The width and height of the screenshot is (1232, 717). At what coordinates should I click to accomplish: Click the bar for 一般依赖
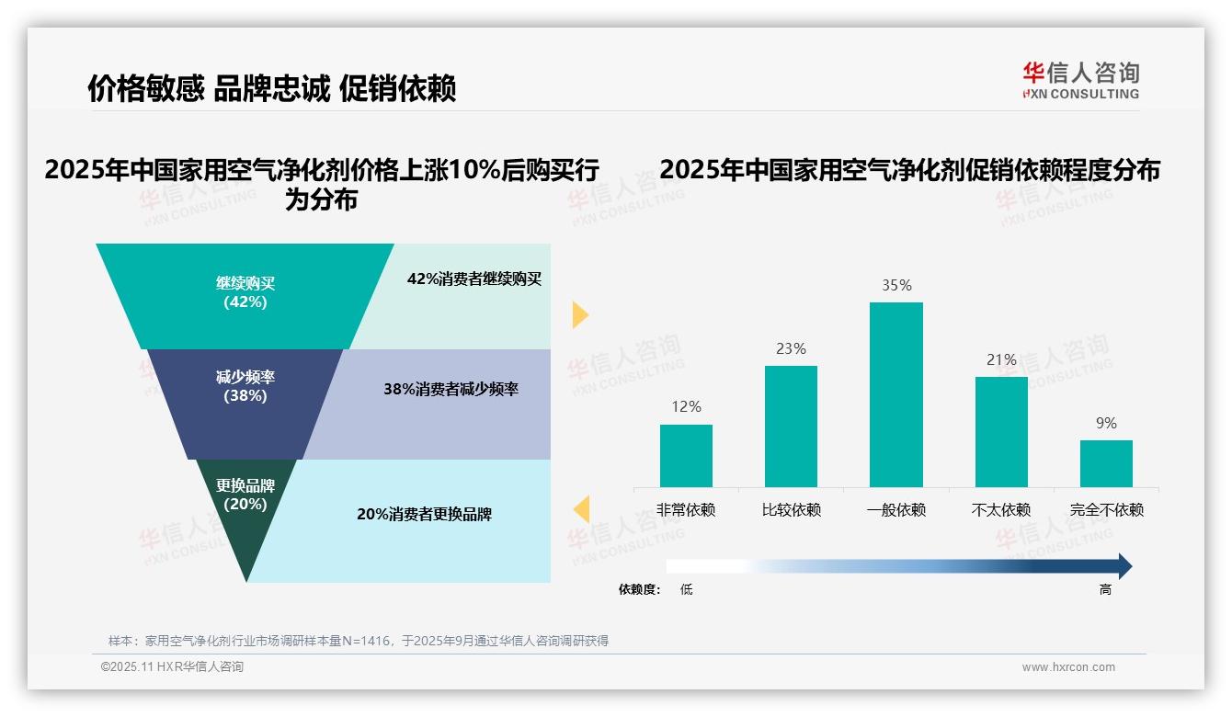(x=895, y=394)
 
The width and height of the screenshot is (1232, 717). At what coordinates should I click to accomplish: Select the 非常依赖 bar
(x=686, y=455)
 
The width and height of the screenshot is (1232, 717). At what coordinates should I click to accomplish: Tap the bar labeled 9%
(x=1106, y=463)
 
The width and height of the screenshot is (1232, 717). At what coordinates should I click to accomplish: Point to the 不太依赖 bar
(x=1001, y=431)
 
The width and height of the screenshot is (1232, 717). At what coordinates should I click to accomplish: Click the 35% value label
(x=896, y=286)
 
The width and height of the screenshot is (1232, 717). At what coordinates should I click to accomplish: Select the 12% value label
(x=686, y=406)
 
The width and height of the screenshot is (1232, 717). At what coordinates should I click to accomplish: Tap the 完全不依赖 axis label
(x=1107, y=510)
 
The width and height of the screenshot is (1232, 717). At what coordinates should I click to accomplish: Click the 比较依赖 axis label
(x=791, y=510)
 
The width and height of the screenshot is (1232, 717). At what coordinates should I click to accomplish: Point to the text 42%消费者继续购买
(x=474, y=279)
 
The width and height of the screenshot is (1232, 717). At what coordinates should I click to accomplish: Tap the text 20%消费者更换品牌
(x=424, y=515)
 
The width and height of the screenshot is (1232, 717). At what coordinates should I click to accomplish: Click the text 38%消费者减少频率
(x=451, y=390)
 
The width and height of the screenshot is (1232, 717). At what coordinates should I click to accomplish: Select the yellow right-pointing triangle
(x=579, y=314)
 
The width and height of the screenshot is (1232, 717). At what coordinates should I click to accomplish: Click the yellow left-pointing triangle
(x=581, y=508)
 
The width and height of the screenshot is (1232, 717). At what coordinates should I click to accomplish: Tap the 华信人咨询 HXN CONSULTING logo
(x=1080, y=81)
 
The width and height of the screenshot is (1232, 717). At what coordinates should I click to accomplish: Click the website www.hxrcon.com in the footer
(x=1067, y=667)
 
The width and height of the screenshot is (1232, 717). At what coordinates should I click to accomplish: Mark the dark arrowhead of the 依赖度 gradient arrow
(x=1124, y=566)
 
